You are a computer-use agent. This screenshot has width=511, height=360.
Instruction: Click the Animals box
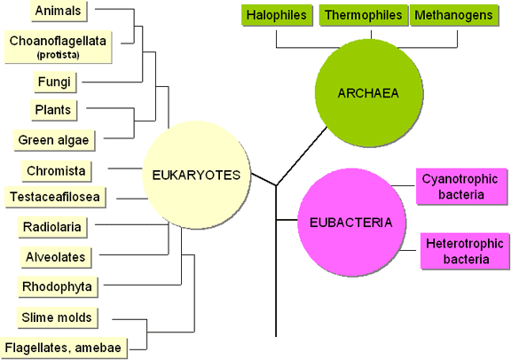59,11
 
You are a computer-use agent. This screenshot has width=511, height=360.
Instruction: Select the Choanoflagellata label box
58,47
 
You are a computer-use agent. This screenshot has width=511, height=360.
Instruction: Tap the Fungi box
54,82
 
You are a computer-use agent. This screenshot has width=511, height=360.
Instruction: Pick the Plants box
54,110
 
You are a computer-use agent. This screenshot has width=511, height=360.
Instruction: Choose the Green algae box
54,140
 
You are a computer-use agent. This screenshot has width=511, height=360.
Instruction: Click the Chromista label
57,171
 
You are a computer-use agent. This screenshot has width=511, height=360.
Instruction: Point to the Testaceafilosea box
55,197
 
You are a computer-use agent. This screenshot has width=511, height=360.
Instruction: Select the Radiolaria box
52,227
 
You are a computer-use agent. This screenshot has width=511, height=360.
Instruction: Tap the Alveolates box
56,257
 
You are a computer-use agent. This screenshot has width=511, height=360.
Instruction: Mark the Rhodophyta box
58,287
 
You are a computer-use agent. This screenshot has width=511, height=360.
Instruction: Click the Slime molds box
57,317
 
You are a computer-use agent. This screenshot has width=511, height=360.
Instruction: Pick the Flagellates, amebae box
64,348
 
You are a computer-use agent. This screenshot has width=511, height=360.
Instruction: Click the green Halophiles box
277,15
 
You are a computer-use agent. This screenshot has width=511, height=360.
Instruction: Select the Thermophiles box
364,15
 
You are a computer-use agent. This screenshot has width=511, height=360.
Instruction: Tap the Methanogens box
454,15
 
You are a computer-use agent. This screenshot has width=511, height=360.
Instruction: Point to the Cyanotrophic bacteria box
461,187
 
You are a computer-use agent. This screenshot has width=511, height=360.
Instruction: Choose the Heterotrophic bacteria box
465,251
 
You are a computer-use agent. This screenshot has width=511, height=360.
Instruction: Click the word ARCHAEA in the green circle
368,93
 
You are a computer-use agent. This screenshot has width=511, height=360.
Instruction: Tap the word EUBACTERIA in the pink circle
351,223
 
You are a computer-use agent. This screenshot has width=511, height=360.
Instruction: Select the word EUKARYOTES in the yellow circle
196,176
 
